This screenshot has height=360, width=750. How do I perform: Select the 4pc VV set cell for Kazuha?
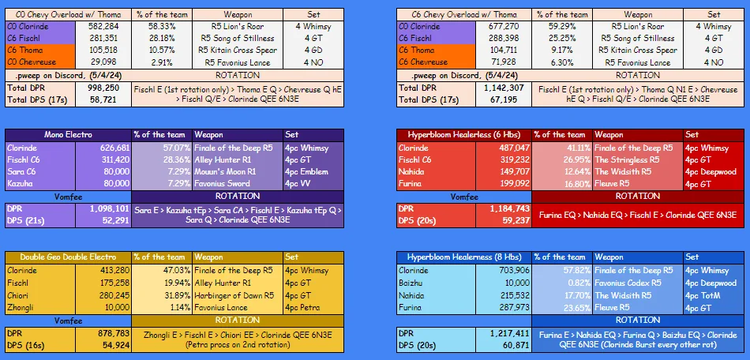point(302,183)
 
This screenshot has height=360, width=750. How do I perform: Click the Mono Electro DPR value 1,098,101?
point(108,208)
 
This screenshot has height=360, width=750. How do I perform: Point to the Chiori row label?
point(20,294)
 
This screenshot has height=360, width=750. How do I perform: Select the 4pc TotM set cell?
point(701,294)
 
